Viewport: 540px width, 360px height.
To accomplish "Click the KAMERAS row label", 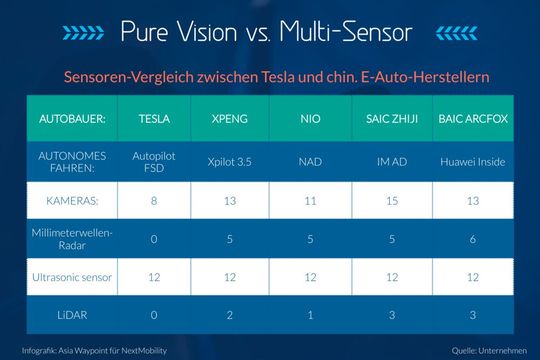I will point(68,200).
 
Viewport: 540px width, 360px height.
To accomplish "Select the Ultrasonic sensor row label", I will point(68,275).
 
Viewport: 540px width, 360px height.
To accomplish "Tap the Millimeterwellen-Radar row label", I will point(68,238).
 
